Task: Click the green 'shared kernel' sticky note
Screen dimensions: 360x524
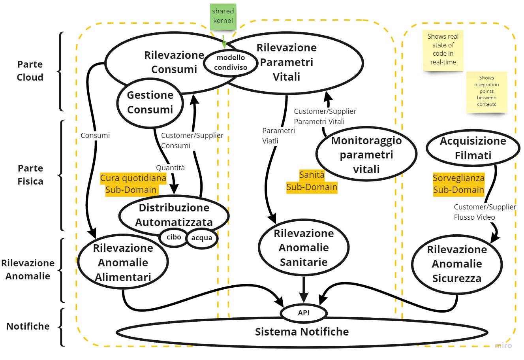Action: [x=223, y=16]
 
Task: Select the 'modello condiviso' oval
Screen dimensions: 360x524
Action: [x=231, y=63]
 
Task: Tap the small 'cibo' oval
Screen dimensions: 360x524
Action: [x=174, y=237]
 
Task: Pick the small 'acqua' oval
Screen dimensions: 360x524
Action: [x=202, y=238]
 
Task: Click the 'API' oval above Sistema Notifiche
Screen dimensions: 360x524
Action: [x=304, y=313]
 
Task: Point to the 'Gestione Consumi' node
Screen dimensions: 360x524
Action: [x=150, y=102]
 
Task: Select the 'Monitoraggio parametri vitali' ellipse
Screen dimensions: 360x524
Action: [x=366, y=155]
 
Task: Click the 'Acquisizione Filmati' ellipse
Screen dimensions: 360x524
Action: [x=473, y=148]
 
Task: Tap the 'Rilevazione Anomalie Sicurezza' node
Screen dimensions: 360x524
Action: [x=457, y=264]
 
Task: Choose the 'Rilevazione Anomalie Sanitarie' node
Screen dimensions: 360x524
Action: [x=304, y=247]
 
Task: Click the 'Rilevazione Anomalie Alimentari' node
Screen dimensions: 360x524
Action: [x=123, y=262]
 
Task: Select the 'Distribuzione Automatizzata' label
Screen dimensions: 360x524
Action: [x=174, y=215]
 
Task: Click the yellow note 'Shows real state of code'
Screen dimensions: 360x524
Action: [x=443, y=50]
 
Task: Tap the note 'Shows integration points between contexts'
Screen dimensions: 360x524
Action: [x=486, y=91]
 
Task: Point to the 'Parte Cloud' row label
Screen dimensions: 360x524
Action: [x=30, y=71]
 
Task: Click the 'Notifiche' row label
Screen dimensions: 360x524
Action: [x=28, y=326]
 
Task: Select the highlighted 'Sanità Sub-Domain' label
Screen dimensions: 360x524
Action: [x=312, y=181]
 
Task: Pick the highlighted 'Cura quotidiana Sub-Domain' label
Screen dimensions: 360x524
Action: [x=133, y=184]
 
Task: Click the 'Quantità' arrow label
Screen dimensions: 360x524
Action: [x=170, y=168]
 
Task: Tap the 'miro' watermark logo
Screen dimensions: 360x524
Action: [x=503, y=345]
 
